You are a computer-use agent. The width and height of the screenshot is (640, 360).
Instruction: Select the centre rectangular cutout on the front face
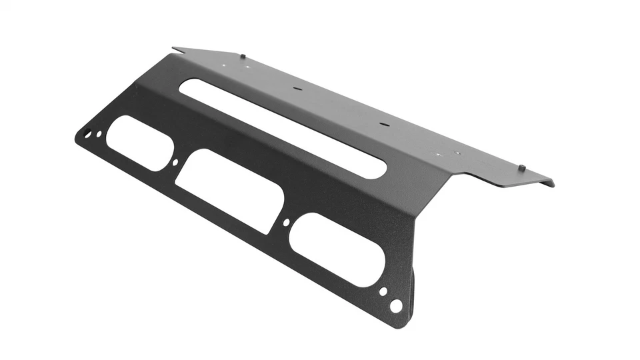tap(230, 190)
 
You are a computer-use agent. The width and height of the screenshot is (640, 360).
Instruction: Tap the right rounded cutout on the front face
tap(337, 249)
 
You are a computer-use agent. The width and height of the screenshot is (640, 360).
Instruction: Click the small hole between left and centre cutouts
tap(175, 162)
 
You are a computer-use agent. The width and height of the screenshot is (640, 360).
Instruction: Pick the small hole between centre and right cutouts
tap(286, 223)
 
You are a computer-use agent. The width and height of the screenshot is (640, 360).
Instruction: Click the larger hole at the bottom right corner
tap(396, 305)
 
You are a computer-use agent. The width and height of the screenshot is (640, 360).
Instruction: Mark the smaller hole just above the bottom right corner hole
tap(383, 291)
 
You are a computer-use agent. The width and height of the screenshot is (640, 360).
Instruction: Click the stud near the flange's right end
tap(523, 167)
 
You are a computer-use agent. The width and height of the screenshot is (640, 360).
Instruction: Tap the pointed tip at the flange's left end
tap(173, 48)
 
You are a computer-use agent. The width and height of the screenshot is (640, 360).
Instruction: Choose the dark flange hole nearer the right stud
tap(383, 124)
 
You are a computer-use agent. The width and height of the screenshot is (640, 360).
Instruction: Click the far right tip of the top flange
tap(553, 183)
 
